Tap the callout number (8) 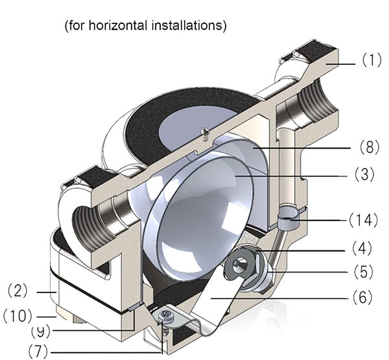click(370, 147)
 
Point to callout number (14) click(363, 220)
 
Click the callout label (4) click(362, 248)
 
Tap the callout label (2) click(18, 291)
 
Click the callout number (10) click(18, 317)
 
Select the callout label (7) click(38, 351)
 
